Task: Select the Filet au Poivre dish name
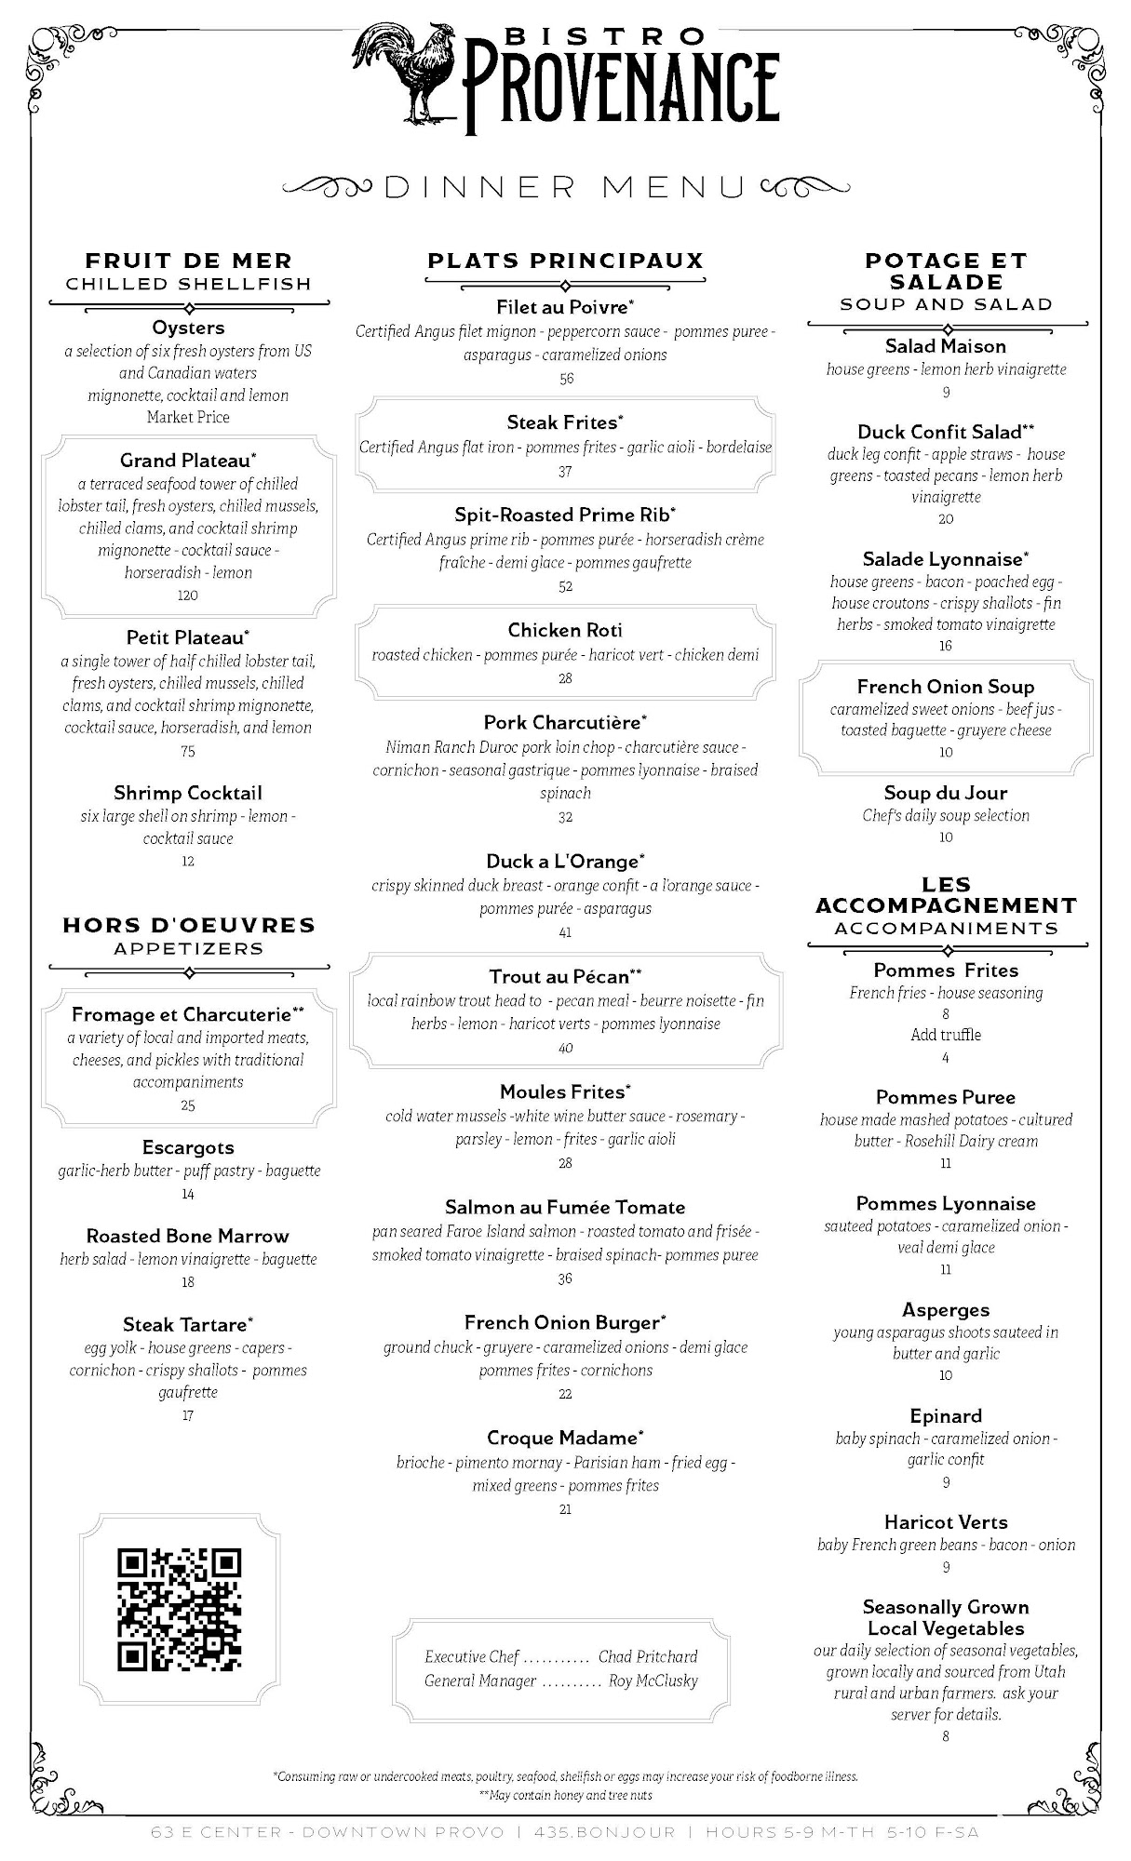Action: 564,307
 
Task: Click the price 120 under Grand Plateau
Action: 188,596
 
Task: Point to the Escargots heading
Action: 188,1147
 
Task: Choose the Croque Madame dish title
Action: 564,1438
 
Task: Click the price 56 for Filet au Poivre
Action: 566,379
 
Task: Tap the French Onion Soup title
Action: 946,687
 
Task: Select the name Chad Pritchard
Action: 648,1656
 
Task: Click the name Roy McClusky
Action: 653,1680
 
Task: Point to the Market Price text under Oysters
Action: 188,417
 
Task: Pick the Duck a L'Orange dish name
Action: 564,862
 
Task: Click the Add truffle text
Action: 946,1035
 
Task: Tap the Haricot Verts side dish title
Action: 946,1522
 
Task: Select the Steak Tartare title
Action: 187,1324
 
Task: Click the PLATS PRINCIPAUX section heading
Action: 565,261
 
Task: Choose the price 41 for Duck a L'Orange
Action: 566,932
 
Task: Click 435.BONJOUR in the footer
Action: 604,1832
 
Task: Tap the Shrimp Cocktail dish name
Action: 188,793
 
